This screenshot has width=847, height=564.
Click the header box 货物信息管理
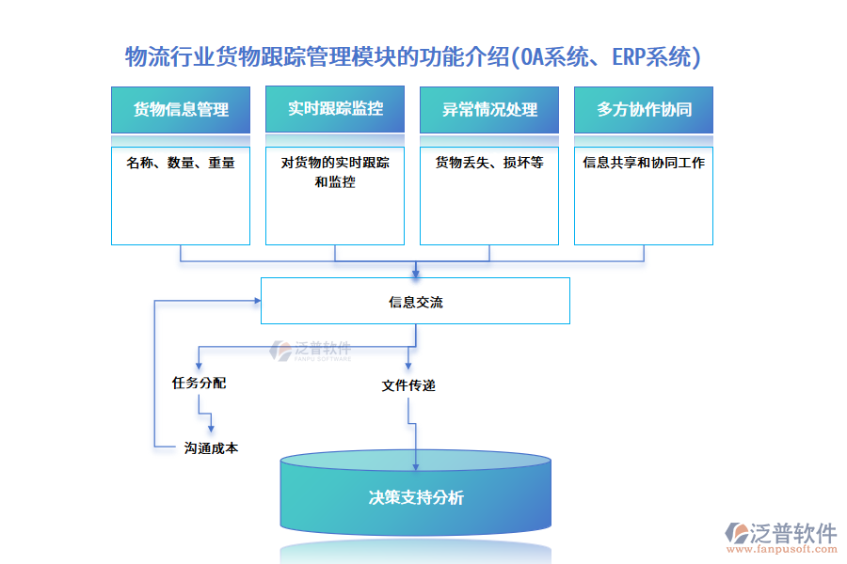tap(181, 110)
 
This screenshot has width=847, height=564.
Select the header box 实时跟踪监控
tap(335, 109)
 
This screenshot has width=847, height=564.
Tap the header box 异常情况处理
tap(489, 110)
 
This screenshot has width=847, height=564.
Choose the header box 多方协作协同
tap(644, 110)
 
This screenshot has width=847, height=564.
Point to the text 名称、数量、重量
tap(181, 163)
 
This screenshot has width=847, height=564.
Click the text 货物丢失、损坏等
tap(489, 163)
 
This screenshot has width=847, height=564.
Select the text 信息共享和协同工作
tap(644, 163)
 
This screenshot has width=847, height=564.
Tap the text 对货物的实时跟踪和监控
tap(335, 172)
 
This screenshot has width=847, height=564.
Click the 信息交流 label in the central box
tap(415, 303)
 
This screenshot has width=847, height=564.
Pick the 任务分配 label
tap(199, 384)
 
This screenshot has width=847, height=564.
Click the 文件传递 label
tap(408, 385)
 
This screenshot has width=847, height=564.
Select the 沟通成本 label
tap(211, 448)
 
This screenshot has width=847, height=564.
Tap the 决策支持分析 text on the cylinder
tap(415, 498)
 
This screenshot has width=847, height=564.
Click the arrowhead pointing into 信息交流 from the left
tap(255, 301)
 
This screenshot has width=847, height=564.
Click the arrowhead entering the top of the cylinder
tap(415, 465)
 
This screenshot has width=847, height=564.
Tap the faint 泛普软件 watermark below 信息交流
tap(311, 351)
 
